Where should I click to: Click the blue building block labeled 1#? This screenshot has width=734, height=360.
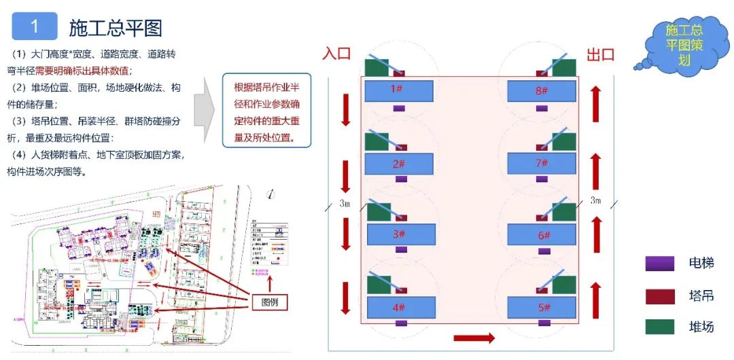point(399,90)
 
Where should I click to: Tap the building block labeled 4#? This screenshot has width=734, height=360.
point(399,307)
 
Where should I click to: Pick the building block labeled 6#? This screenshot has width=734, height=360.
point(542,234)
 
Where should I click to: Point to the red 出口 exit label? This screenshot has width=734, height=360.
point(600,54)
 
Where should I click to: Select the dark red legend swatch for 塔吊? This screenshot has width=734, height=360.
point(659,295)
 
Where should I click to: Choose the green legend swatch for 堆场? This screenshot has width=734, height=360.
point(659,327)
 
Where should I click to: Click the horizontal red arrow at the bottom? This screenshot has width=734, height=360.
point(474,338)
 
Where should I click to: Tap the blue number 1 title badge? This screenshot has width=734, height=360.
point(35,27)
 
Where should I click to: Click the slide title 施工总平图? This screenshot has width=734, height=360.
point(115,28)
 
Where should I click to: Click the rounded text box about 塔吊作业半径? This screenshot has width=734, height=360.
point(267,111)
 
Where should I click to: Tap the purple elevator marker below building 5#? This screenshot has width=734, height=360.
point(541,323)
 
